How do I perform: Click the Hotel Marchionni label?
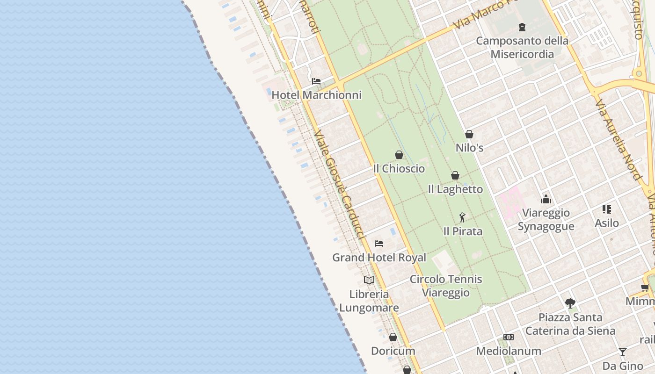click(x=316, y=95)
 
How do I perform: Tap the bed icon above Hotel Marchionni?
click(x=316, y=81)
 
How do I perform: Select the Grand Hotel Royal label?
click(x=379, y=258)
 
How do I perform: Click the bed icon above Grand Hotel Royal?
click(x=379, y=243)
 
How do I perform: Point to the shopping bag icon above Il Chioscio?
click(x=399, y=155)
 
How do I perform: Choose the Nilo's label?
click(x=469, y=148)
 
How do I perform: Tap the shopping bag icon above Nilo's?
click(x=469, y=134)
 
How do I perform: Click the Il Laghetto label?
click(x=455, y=189)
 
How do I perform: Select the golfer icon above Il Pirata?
click(x=462, y=217)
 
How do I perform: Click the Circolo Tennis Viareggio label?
click(x=445, y=286)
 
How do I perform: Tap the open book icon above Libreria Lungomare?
click(x=369, y=280)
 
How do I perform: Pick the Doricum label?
click(x=393, y=351)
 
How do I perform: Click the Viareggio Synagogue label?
click(x=546, y=220)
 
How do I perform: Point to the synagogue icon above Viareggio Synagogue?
click(x=546, y=200)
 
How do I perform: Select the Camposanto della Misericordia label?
click(x=522, y=47)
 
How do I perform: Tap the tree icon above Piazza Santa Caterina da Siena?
click(x=570, y=303)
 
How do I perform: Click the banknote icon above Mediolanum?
click(x=509, y=337)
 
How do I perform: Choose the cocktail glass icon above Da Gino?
click(x=622, y=352)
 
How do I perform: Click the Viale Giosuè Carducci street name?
click(x=339, y=185)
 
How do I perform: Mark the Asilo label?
click(x=607, y=223)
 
